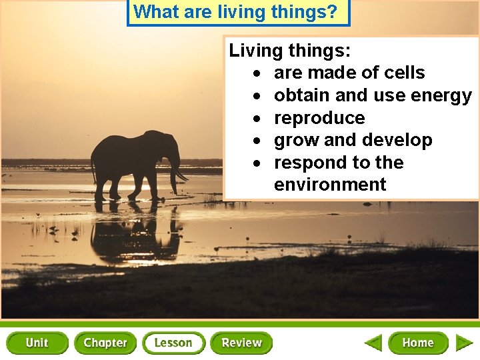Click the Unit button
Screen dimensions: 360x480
37,343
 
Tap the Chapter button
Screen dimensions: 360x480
105,343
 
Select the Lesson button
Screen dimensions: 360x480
173,343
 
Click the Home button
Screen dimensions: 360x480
418,343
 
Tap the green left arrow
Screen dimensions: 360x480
373,343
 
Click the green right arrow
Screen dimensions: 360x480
464,343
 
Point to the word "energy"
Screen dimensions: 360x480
441,96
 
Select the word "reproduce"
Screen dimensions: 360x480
319,118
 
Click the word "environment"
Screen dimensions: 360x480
330,185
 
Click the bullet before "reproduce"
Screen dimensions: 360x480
256,119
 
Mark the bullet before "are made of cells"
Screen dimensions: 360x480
256,73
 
